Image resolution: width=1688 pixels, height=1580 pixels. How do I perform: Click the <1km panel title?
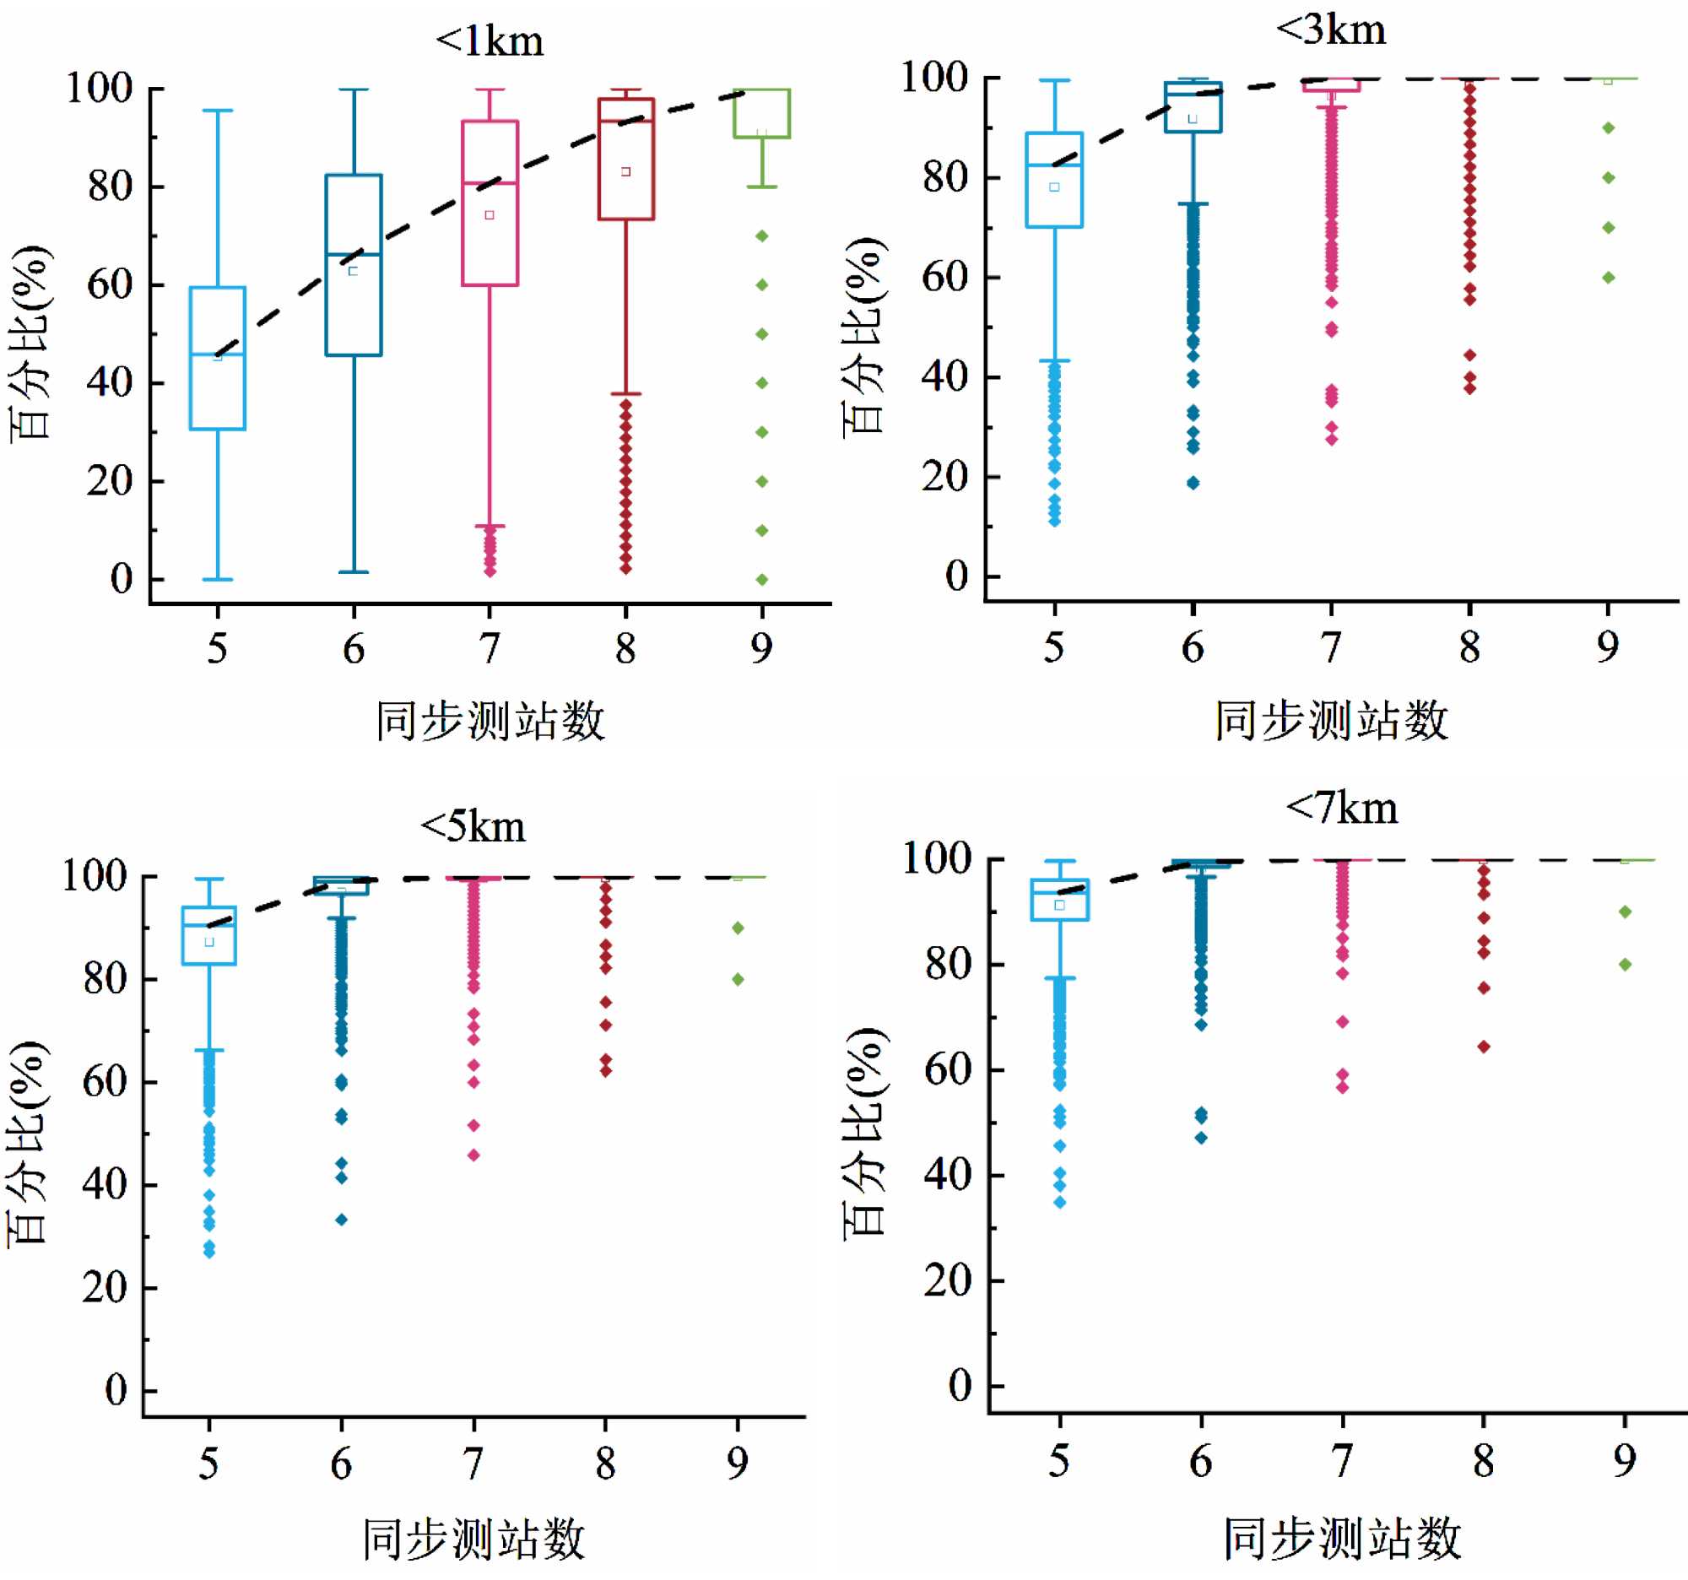click(489, 41)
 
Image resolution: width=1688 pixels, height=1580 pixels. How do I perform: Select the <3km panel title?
click(1330, 30)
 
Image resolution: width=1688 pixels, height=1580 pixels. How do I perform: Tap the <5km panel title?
click(473, 826)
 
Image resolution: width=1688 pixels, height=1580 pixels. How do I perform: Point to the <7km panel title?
click(1342, 808)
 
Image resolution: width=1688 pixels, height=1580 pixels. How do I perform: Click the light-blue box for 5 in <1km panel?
click(218, 358)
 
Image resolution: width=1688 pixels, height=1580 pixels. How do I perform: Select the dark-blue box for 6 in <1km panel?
click(354, 265)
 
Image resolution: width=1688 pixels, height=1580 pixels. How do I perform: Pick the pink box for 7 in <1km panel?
click(489, 203)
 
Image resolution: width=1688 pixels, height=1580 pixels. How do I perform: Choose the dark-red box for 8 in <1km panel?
click(625, 159)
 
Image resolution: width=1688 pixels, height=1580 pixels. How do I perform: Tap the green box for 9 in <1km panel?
click(761, 113)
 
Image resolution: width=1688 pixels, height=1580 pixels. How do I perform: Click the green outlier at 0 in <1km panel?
click(761, 580)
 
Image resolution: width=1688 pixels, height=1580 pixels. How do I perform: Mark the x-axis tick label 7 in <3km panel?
click(1330, 648)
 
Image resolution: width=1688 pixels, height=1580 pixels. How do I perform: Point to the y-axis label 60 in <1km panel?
click(110, 284)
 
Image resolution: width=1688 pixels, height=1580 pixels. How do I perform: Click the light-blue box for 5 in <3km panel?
click(1053, 180)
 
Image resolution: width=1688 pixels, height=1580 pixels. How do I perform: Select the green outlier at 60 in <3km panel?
click(1607, 278)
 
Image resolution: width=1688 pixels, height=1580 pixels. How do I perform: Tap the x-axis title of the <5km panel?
click(473, 1539)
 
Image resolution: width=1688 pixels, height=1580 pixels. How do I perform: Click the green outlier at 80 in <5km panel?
click(738, 979)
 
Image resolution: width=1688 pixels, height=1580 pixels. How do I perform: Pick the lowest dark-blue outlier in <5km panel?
click(341, 1219)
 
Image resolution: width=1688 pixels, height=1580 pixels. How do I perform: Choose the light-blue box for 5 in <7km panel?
click(1060, 900)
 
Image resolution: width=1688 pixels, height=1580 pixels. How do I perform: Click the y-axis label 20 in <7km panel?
click(948, 1280)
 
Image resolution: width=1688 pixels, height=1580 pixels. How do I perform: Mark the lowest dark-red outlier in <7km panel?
click(1484, 1047)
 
